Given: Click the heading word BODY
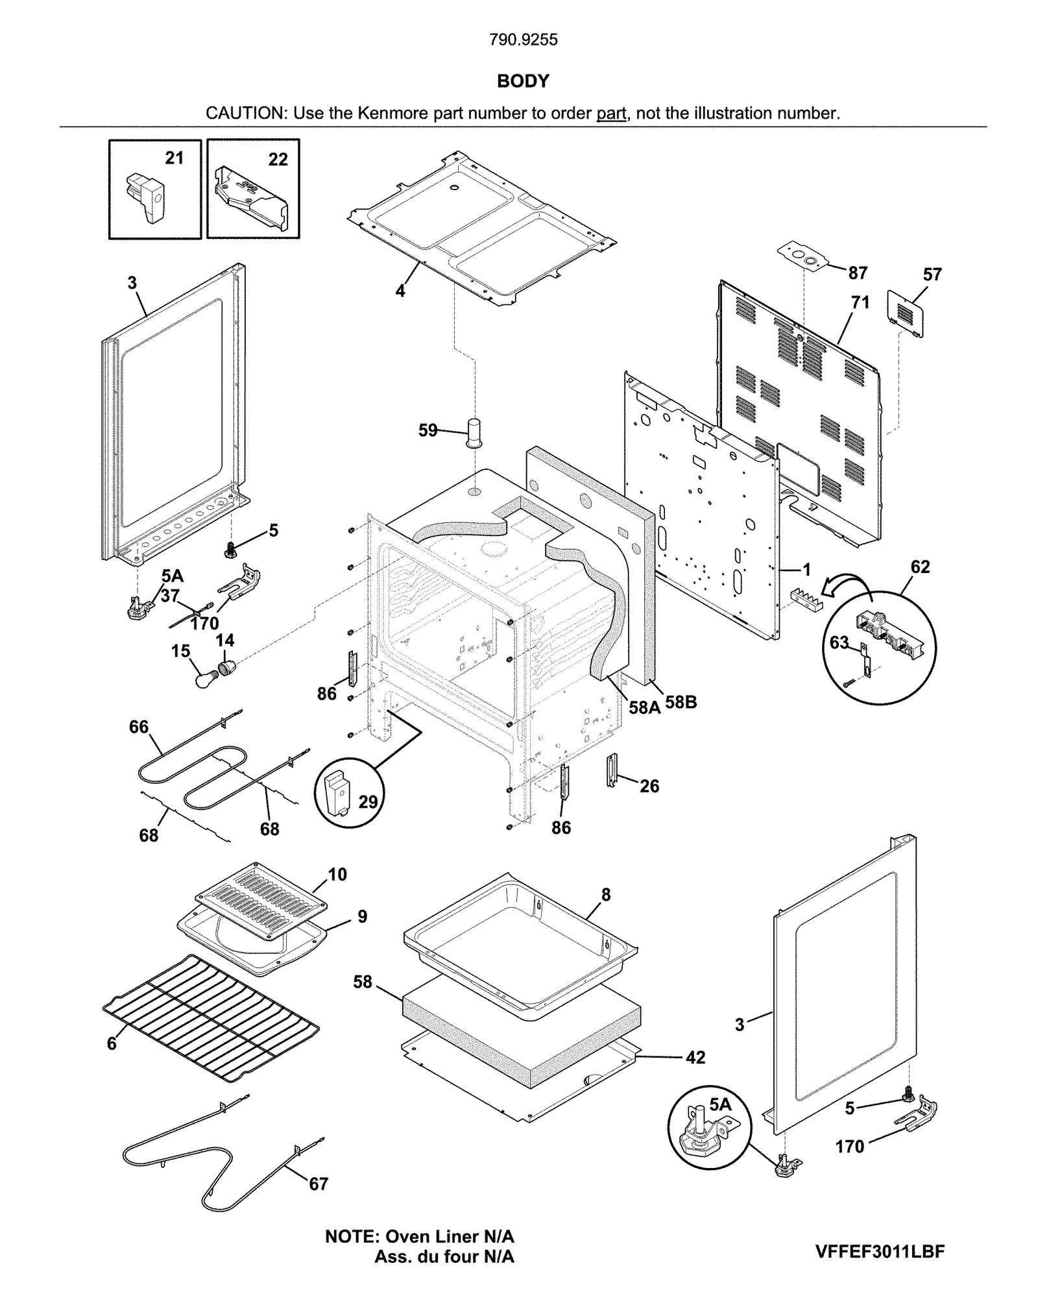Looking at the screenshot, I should [522, 81].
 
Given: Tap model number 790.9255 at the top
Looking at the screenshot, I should [523, 40].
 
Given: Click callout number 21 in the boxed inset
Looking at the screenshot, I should [174, 158].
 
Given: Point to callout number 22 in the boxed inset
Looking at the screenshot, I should [278, 160].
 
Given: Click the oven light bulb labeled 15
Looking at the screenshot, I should [206, 679].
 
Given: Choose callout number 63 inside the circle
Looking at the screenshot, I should [839, 642].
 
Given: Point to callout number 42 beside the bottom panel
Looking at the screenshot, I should [695, 1058].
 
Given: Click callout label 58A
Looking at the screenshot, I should [644, 707].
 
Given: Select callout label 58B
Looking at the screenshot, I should [681, 702].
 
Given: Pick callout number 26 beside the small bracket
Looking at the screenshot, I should [649, 786].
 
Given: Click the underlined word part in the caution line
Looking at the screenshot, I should [611, 114].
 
